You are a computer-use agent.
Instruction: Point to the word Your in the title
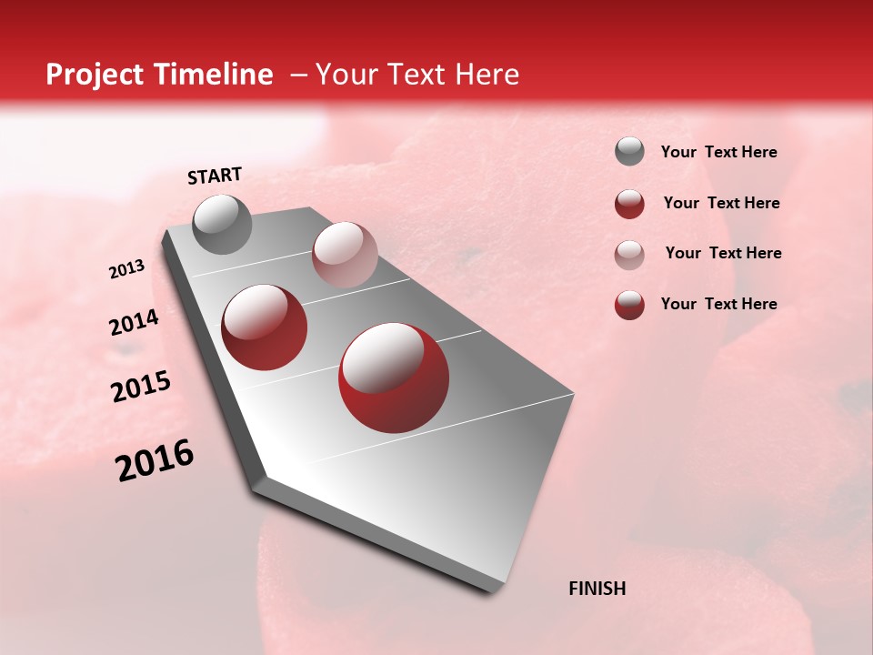click(x=345, y=75)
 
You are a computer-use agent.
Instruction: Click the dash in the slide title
click(x=298, y=75)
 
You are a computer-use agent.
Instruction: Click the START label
click(x=215, y=176)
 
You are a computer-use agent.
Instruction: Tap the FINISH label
click(x=597, y=589)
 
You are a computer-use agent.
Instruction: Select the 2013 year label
click(x=127, y=269)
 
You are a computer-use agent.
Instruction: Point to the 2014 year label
click(x=134, y=323)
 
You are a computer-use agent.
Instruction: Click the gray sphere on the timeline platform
click(x=223, y=224)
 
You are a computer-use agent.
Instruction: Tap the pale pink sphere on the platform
click(x=345, y=255)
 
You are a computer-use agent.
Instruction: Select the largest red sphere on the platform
click(x=394, y=377)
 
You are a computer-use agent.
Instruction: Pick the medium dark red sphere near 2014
click(x=265, y=327)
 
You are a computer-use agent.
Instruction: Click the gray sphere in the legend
click(x=629, y=152)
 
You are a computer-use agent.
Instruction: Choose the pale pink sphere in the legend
click(x=629, y=255)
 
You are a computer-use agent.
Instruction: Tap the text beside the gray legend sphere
click(x=718, y=153)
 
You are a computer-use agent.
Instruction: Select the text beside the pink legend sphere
click(x=723, y=253)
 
